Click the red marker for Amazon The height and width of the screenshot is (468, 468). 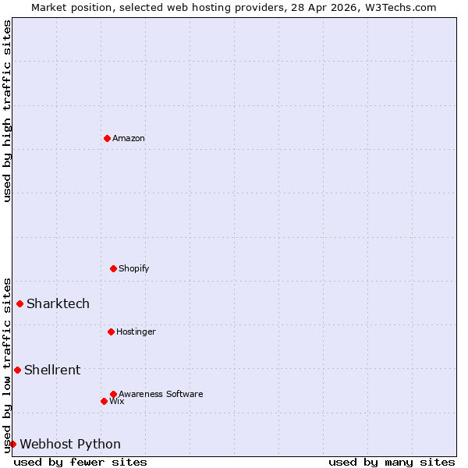107,138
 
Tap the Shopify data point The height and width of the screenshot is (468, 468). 113,268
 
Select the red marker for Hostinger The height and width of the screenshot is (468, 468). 111,331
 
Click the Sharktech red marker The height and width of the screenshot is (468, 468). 19,303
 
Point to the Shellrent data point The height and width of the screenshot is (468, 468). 17,370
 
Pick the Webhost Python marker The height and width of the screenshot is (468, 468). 12,444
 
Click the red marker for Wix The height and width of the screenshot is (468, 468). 104,401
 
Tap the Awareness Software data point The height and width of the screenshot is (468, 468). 113,394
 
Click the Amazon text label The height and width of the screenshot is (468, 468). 129,138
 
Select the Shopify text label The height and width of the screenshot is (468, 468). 134,268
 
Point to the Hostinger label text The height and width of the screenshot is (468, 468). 136,331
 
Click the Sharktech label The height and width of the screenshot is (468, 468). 58,303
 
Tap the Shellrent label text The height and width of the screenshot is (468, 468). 52,370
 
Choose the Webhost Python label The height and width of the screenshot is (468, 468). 70,444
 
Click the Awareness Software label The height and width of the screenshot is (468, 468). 161,394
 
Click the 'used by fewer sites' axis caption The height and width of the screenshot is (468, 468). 80,462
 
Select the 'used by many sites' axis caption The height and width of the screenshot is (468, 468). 392,462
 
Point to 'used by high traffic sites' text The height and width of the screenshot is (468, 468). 7,111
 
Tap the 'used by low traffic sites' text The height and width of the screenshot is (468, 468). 7,364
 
